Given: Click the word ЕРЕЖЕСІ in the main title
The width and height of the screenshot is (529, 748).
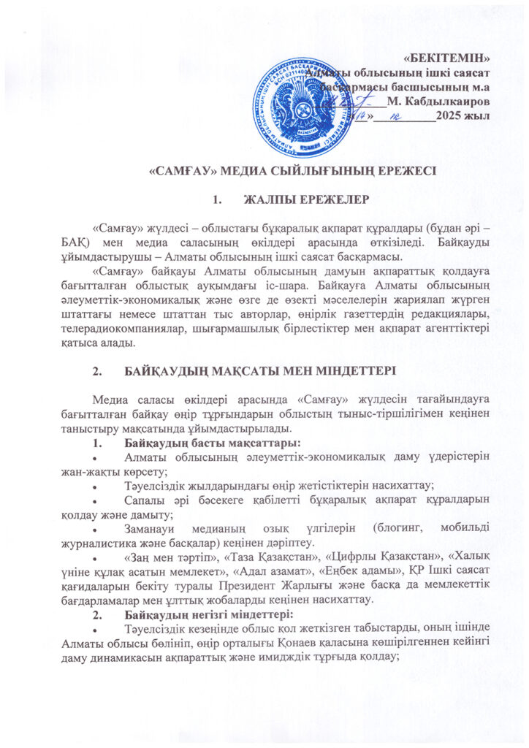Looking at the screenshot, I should pos(397,173).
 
